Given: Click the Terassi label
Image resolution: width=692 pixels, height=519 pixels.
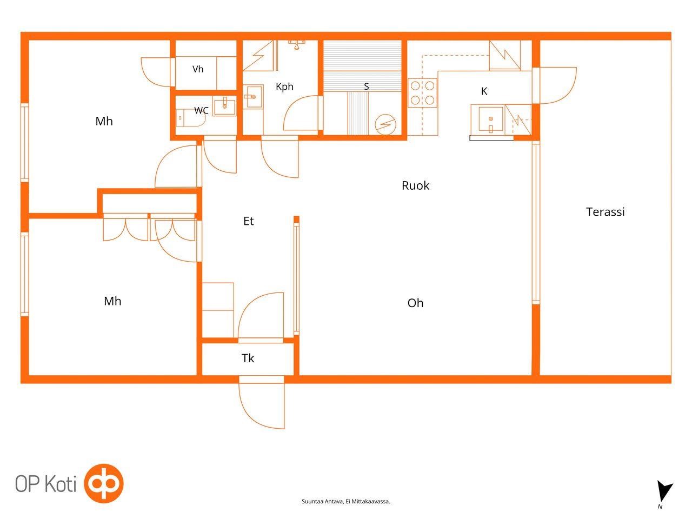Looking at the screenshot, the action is [x=605, y=212].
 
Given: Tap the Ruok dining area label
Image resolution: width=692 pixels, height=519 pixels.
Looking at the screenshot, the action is [x=415, y=185].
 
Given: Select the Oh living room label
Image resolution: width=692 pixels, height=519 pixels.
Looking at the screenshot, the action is [x=415, y=303].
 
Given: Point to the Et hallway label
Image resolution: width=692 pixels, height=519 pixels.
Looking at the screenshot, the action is [x=249, y=221].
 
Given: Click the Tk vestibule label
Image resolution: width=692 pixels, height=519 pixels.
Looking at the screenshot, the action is [x=248, y=358].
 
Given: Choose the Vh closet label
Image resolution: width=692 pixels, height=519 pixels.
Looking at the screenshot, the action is [x=198, y=69].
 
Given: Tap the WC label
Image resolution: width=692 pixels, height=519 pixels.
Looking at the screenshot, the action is [x=201, y=110].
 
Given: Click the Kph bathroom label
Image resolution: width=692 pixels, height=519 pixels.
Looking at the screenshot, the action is [x=284, y=86].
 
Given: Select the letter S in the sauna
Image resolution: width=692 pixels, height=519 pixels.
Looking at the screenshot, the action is [x=366, y=86].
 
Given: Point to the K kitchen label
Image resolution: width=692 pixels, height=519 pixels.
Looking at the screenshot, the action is [x=484, y=91].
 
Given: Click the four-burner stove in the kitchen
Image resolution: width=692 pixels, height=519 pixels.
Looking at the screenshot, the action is [x=422, y=93].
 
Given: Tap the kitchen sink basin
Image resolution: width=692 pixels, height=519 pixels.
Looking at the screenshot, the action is [x=490, y=119].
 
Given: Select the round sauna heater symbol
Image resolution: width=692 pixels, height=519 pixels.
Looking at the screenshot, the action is [x=385, y=124].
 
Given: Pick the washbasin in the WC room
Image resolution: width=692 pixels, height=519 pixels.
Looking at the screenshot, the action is [x=224, y=107].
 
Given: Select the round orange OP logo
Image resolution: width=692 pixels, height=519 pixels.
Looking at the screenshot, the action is [x=104, y=483].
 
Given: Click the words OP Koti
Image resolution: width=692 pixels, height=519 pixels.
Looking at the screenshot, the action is [x=46, y=484].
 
